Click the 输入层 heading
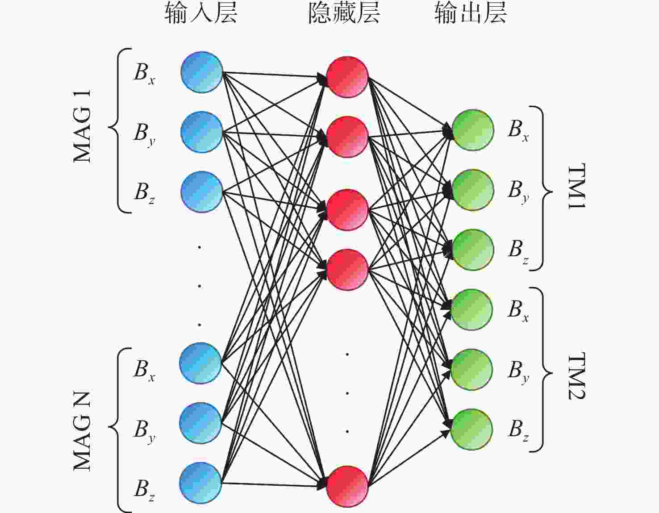pos(201,13)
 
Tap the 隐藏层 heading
pos(344,13)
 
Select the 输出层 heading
pos(471,13)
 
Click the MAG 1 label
pos(83,126)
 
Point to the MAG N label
pos(83,430)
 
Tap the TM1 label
pos(576,186)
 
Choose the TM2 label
pos(576,376)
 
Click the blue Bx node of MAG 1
pos(202,72)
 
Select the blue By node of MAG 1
pos(202,132)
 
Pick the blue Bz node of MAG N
pos(201,483)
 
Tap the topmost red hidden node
pos(347,77)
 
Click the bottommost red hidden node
pos(347,486)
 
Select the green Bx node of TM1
pos(473,130)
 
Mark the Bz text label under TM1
pos(518,251)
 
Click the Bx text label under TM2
pos(518,310)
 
